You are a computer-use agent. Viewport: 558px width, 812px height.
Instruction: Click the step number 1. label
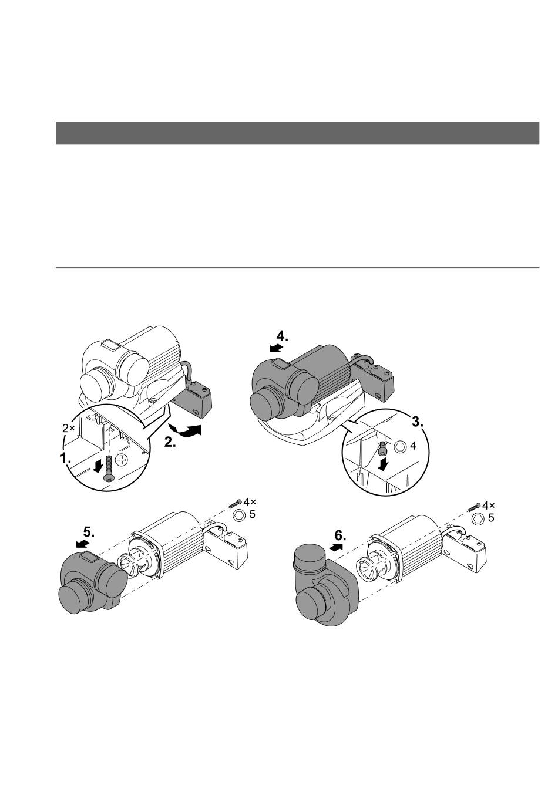click(x=65, y=458)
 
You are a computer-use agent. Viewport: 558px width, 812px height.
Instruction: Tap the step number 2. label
click(x=170, y=442)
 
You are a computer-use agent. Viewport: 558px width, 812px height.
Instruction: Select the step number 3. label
click(x=418, y=422)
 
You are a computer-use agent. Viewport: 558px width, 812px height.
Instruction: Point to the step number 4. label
click(x=283, y=336)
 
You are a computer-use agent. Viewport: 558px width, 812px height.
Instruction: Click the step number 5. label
click(x=89, y=532)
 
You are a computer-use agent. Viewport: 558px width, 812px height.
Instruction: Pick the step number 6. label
click(x=340, y=535)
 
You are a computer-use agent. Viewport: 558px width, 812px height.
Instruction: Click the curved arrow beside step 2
click(x=186, y=430)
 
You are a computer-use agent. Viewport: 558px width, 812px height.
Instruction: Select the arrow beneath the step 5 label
click(x=83, y=543)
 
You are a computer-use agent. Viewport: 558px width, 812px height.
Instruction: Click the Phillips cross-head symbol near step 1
click(x=122, y=461)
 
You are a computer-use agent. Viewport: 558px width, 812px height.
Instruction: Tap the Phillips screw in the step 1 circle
click(x=108, y=469)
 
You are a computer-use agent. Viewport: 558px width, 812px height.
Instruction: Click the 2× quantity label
click(x=68, y=429)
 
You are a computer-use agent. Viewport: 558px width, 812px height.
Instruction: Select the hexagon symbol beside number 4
click(x=400, y=446)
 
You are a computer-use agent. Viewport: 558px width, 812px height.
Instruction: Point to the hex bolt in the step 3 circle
click(x=382, y=449)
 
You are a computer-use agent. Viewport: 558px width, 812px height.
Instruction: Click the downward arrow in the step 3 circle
click(x=383, y=464)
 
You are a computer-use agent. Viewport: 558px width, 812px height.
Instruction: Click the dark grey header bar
click(x=297, y=133)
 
